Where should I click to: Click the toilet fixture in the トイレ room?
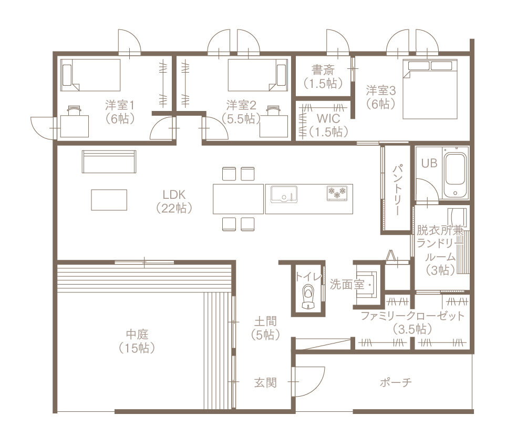point(308,296)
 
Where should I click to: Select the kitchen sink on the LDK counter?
point(284,194)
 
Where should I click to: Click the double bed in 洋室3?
point(430,89)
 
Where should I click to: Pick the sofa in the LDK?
point(109,161)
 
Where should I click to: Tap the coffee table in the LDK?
point(109,200)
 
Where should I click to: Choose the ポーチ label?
point(396,382)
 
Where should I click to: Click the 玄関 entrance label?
point(265,382)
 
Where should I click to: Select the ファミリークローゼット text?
point(412,316)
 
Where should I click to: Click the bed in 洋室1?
point(90,75)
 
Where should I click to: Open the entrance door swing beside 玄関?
point(309,382)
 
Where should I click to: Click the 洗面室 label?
point(347,285)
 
